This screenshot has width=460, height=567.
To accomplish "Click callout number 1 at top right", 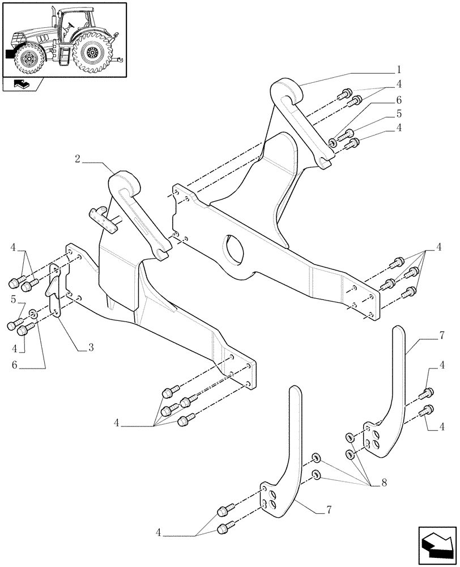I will click(398, 71).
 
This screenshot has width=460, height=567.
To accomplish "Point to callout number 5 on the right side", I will click(398, 113).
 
